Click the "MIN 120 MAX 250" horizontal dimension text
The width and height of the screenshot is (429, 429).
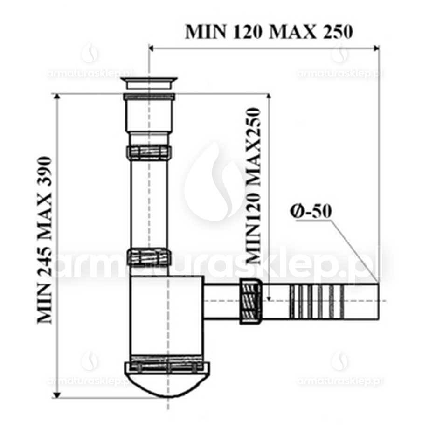pyautogui.click(x=269, y=32)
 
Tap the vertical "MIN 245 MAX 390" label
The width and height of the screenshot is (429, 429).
pyautogui.click(x=45, y=240)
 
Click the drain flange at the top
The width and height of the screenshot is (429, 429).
pyautogui.click(x=149, y=83)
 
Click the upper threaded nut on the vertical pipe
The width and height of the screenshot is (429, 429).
pyautogui.click(x=149, y=152)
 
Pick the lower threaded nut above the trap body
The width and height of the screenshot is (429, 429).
pyautogui.click(x=149, y=256)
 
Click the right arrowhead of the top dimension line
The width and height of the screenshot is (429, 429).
pyautogui.click(x=376, y=48)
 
